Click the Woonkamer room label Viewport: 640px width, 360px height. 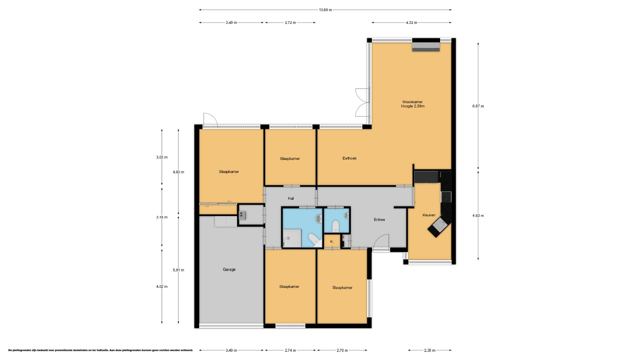[412, 102]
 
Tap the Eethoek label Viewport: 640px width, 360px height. [349, 158]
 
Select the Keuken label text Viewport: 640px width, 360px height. [429, 215]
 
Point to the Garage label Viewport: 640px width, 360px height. [229, 269]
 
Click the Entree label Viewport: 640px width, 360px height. [379, 220]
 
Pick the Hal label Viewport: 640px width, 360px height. [291, 198]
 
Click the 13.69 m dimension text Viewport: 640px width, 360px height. [325, 10]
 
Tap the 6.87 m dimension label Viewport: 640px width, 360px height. [478, 106]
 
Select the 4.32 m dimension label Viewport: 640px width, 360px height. [411, 23]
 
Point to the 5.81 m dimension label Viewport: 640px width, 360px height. [178, 270]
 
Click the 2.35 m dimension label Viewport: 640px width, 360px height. [430, 350]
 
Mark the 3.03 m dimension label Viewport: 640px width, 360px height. [162, 157]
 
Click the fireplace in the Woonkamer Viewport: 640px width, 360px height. [426, 45]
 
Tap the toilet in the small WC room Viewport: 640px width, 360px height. [335, 227]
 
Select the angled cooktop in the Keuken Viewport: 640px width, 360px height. [439, 226]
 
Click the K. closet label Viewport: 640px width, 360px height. [332, 242]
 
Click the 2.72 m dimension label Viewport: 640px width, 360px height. [290, 23]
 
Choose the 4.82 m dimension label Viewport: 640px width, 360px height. [478, 216]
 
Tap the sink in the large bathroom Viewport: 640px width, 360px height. [318, 218]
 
